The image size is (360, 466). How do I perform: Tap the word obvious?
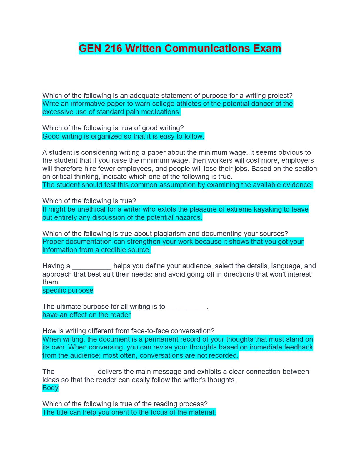coord(292,152)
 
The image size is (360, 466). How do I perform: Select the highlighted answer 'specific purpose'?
coord(68,290)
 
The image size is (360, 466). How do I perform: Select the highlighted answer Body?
coord(50,388)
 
